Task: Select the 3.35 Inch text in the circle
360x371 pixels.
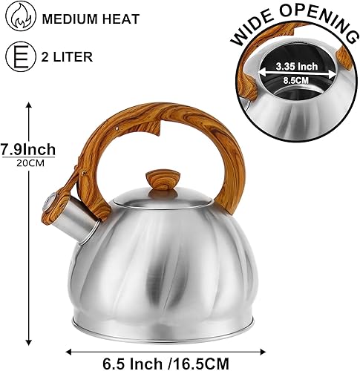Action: pyautogui.click(x=298, y=65)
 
